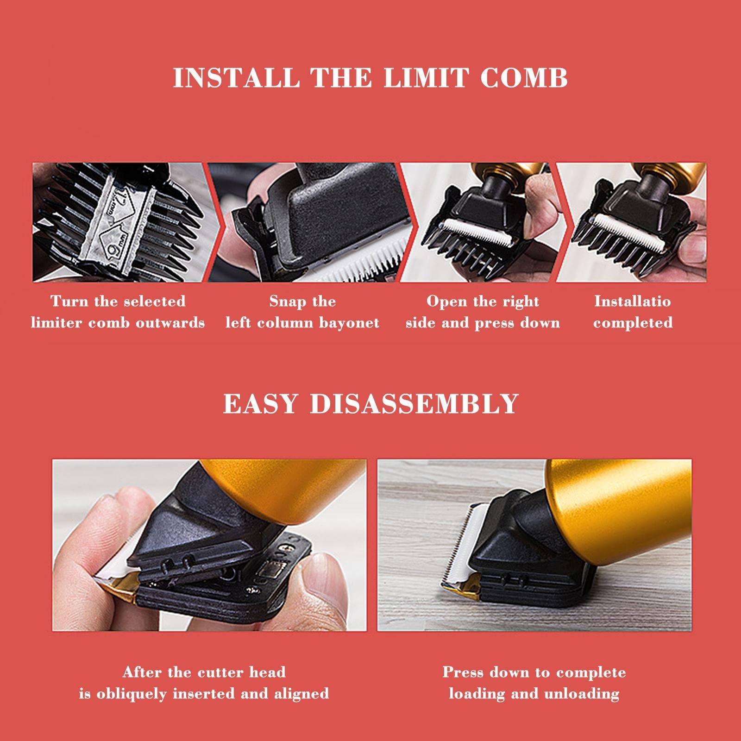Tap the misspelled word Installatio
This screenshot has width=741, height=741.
(x=633, y=301)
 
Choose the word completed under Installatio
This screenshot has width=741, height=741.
(x=633, y=323)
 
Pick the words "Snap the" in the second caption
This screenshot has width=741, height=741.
(x=302, y=302)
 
